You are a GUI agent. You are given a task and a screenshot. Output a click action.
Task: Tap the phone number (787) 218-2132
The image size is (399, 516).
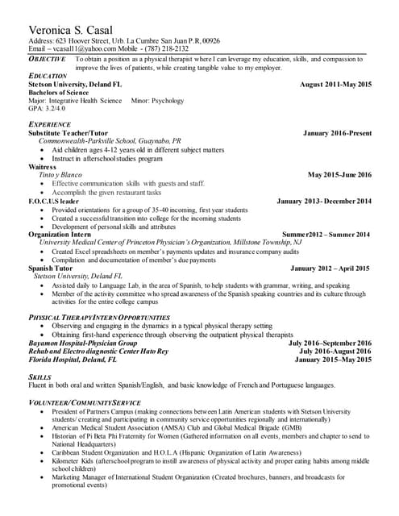tap(166, 49)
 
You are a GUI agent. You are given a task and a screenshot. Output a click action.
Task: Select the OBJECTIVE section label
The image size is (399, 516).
tap(48, 60)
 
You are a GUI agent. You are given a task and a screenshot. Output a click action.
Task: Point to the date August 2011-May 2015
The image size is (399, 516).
tap(335, 85)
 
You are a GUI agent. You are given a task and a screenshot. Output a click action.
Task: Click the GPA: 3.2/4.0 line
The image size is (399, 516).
tap(48, 109)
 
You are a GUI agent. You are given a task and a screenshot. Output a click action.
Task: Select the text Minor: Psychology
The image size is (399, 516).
tap(157, 101)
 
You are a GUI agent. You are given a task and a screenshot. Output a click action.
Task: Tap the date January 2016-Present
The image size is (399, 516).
tap(337, 132)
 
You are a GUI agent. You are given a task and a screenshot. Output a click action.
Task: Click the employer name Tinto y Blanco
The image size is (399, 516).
tap(60, 174)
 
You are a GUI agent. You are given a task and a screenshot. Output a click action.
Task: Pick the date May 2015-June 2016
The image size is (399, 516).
tap(339, 174)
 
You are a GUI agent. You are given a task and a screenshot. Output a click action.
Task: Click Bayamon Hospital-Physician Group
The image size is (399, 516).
tap(82, 343)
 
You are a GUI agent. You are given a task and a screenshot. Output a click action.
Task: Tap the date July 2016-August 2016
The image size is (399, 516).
tap(335, 352)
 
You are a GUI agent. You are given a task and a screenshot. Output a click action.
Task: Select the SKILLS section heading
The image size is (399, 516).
tap(40, 377)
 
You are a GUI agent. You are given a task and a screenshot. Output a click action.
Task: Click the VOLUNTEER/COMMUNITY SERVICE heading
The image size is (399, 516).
tap(85, 402)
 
